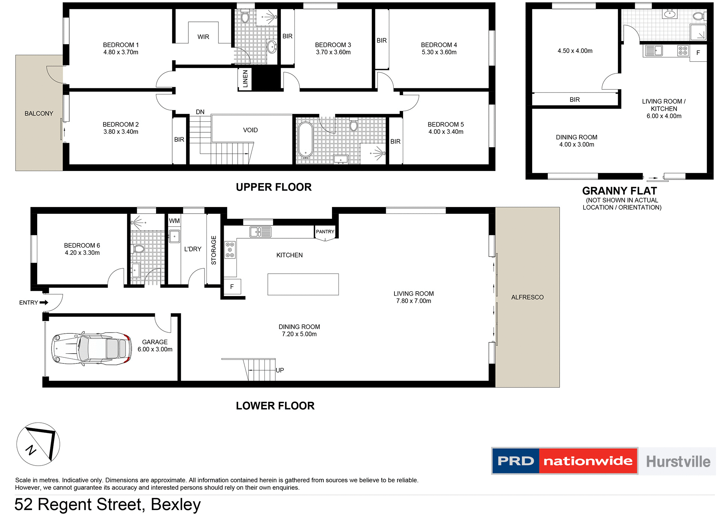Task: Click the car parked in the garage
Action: (x=91, y=348)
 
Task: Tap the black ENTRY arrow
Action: (x=44, y=303)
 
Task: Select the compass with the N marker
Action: (x=38, y=444)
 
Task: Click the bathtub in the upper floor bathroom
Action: (x=305, y=139)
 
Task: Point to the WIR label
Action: (x=203, y=37)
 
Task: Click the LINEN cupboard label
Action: (x=245, y=79)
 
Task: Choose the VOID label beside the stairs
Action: (x=250, y=130)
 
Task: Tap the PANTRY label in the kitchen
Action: (x=325, y=232)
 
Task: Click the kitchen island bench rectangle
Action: (x=303, y=284)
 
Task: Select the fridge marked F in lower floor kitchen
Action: (x=232, y=287)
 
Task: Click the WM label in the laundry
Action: (x=174, y=221)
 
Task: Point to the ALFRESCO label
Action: (x=527, y=297)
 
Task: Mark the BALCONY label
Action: (x=39, y=113)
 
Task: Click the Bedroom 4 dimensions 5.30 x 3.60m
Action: (x=439, y=52)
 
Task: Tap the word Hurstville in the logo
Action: (x=678, y=462)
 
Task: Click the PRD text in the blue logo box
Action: (x=516, y=461)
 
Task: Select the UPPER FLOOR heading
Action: (x=273, y=187)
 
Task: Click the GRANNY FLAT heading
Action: (x=619, y=191)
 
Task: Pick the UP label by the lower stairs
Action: (x=280, y=370)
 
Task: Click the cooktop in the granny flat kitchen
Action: (x=683, y=50)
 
